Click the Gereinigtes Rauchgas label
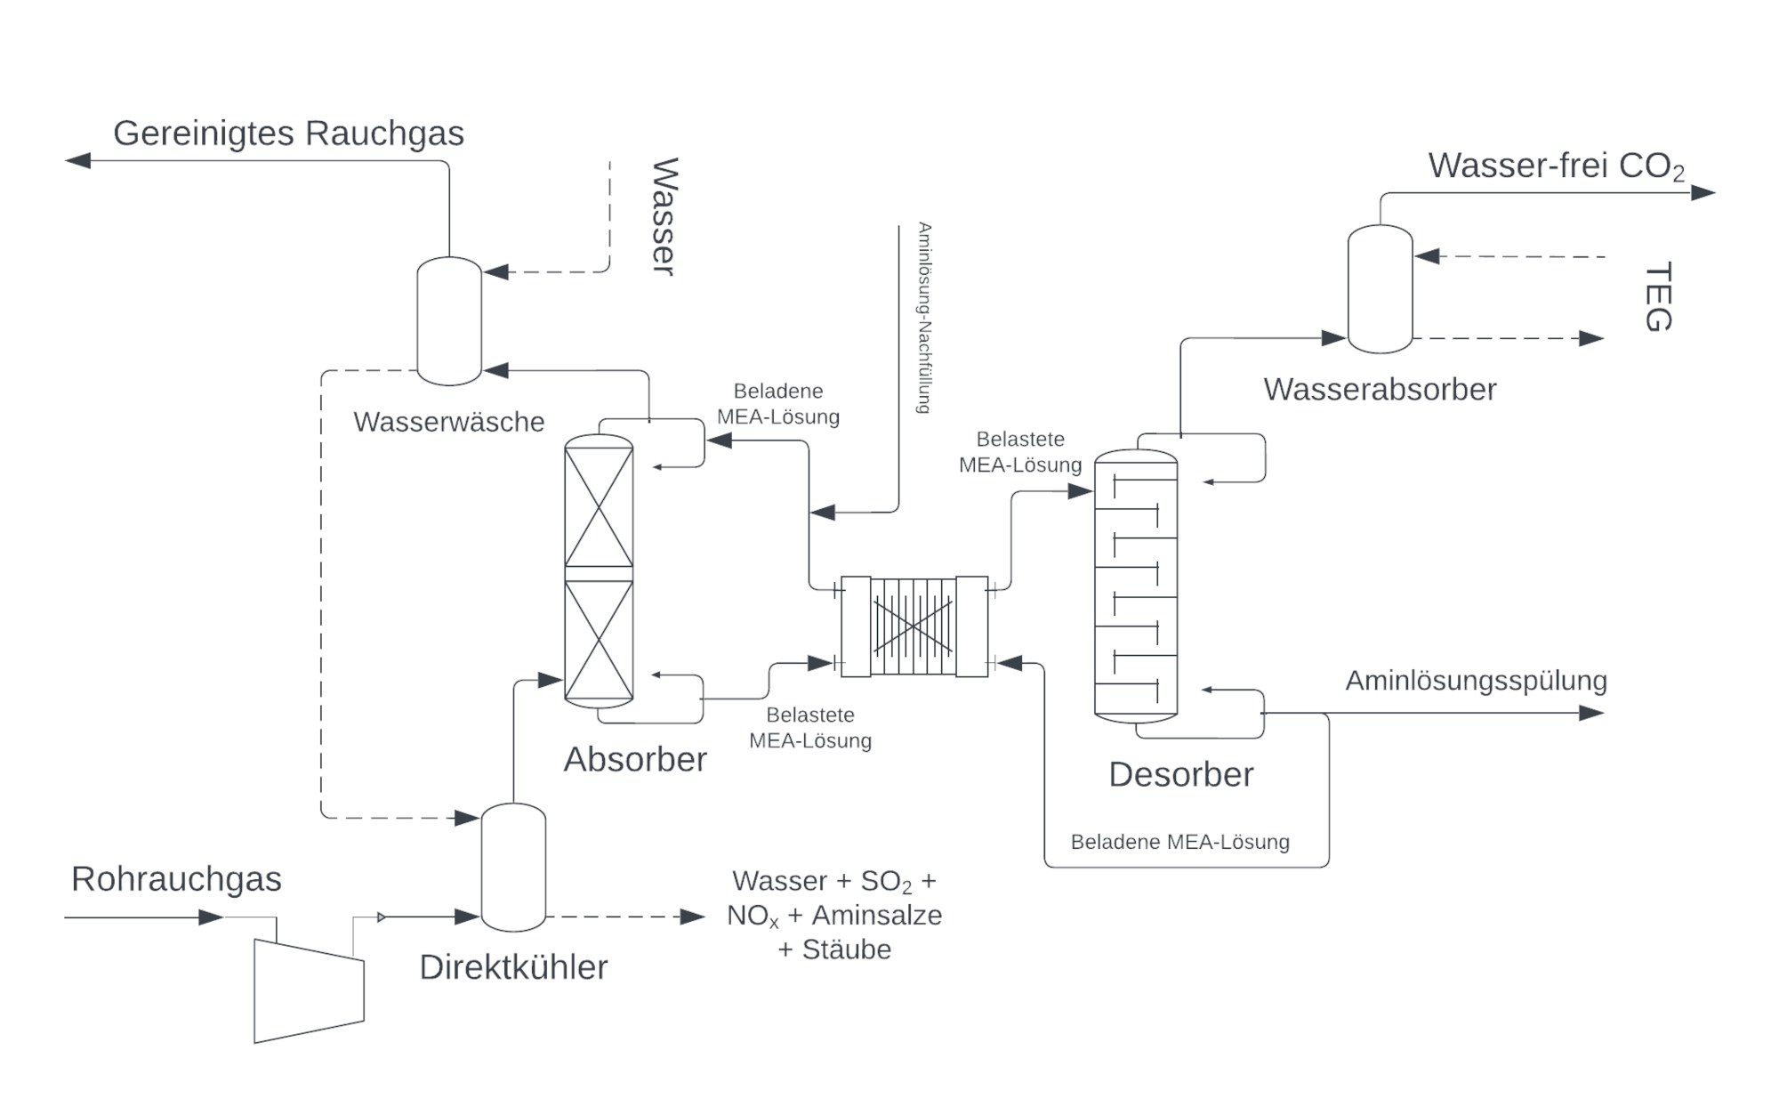[x=288, y=133]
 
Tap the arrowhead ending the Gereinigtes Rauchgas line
[x=78, y=160]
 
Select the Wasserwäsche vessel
[x=449, y=321]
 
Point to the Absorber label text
[x=635, y=759]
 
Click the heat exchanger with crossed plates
[x=914, y=626]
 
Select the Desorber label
[x=1180, y=774]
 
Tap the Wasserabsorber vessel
[x=1380, y=289]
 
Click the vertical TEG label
[x=1658, y=297]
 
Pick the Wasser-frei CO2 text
[x=1556, y=166]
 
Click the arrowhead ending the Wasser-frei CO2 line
[x=1703, y=192]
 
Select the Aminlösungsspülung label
[x=1476, y=681]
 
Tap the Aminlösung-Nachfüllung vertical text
[x=924, y=318]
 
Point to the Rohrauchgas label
[x=176, y=879]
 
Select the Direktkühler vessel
[x=513, y=868]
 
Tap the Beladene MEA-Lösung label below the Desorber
[x=1179, y=842]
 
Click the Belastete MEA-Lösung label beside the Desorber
[x=1020, y=452]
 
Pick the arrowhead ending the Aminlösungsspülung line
[x=1591, y=713]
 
